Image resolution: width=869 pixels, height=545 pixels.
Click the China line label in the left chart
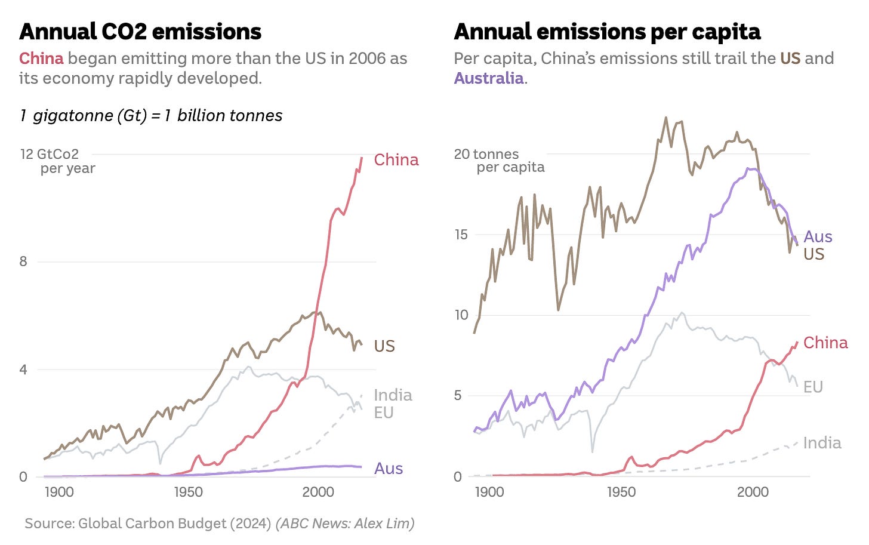[x=396, y=160]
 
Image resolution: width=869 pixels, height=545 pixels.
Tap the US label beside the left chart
[x=384, y=346]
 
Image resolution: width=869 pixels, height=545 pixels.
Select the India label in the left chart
[x=393, y=395]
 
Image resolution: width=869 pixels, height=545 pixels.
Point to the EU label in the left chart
[x=384, y=412]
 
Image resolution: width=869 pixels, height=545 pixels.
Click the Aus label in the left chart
[x=389, y=469]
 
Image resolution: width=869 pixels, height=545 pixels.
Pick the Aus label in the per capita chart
[x=818, y=237]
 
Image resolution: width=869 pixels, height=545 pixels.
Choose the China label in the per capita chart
[x=825, y=343]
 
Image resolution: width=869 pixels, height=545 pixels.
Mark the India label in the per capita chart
[x=822, y=443]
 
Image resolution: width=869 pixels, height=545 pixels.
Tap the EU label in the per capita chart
[x=813, y=387]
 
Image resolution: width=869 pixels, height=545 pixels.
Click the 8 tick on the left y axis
[x=23, y=261]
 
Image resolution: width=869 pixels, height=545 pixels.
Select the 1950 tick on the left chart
[x=189, y=492]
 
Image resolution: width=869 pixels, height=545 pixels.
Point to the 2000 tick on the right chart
[x=753, y=492]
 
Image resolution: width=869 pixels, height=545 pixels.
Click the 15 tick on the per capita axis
[x=461, y=235]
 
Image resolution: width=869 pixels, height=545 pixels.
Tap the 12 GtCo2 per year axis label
[x=57, y=161]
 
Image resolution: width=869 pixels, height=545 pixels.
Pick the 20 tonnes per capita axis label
[x=499, y=161]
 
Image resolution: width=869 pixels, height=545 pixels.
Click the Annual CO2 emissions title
[x=140, y=32]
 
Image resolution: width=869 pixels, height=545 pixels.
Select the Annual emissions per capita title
[x=607, y=32]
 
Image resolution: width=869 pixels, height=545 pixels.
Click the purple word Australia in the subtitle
[x=489, y=78]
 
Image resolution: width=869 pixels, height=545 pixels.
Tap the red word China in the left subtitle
[x=41, y=58]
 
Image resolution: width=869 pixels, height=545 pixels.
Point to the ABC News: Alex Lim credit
[x=345, y=524]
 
